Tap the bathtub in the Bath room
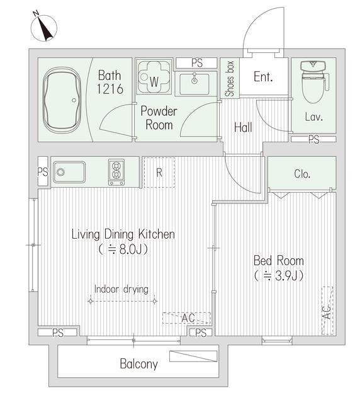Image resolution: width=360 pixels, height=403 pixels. click(62, 100)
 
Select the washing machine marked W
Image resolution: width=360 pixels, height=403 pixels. click(154, 77)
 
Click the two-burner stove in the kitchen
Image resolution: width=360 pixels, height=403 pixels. click(116, 172)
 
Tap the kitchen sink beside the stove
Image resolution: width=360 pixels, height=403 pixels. click(69, 172)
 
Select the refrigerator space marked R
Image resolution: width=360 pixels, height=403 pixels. click(159, 173)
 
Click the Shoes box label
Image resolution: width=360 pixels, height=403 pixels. click(230, 79)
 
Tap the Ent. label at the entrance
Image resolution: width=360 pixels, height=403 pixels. click(263, 77)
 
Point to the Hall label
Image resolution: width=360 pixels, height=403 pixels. click(243, 127)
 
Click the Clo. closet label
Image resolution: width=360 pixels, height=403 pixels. click(302, 174)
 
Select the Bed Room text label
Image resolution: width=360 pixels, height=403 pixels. click(279, 261)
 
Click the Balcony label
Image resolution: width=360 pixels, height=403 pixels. click(138, 364)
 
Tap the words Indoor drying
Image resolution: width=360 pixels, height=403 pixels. click(121, 290)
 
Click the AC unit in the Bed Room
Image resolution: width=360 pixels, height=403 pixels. click(327, 310)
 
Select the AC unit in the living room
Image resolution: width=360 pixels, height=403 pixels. click(187, 318)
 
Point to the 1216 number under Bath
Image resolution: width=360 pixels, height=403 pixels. click(110, 89)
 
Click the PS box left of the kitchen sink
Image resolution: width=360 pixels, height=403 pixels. click(43, 171)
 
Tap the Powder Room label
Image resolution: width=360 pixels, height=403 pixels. click(159, 118)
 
